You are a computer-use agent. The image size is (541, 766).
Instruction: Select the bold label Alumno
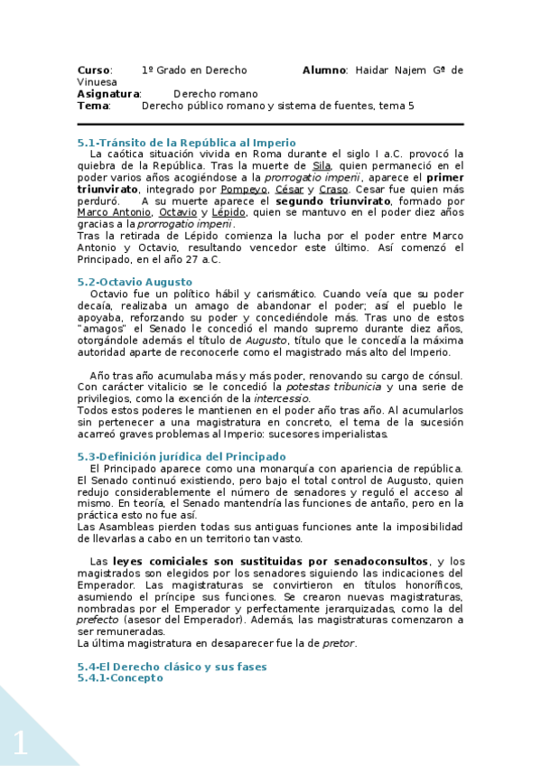(324, 70)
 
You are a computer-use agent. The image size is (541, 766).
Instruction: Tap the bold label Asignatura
(108, 94)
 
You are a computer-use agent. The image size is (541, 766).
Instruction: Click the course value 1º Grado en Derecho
(193, 70)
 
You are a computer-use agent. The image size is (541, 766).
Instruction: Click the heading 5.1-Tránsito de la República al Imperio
(186, 143)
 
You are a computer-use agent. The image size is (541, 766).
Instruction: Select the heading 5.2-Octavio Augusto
(135, 282)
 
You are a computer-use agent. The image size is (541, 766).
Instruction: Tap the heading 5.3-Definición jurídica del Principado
(182, 456)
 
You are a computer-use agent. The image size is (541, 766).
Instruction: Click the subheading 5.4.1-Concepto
(120, 677)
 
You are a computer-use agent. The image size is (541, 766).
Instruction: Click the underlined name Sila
(321, 166)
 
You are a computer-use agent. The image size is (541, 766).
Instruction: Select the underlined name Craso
(333, 190)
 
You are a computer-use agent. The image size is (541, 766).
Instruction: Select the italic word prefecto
(96, 620)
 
